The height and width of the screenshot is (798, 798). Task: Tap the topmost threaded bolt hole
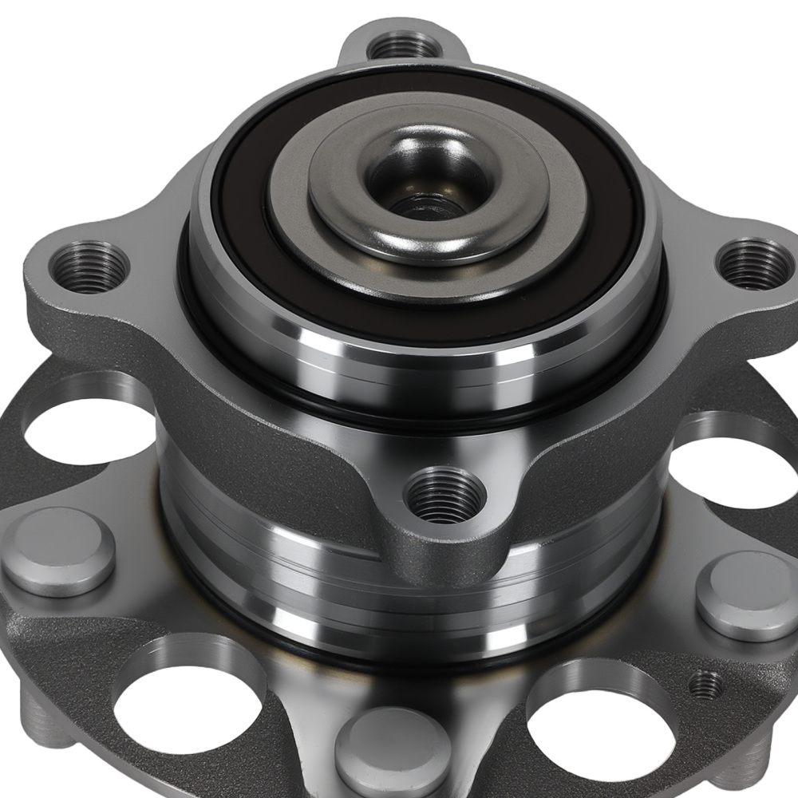point(406,45)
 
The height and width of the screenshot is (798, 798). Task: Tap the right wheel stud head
point(745,595)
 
